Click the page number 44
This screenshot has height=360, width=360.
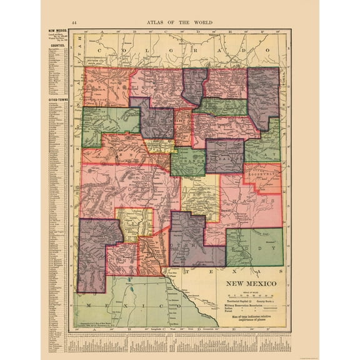74,23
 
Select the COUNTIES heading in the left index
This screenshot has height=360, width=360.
56,45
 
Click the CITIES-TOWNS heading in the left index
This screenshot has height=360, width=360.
56,100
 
